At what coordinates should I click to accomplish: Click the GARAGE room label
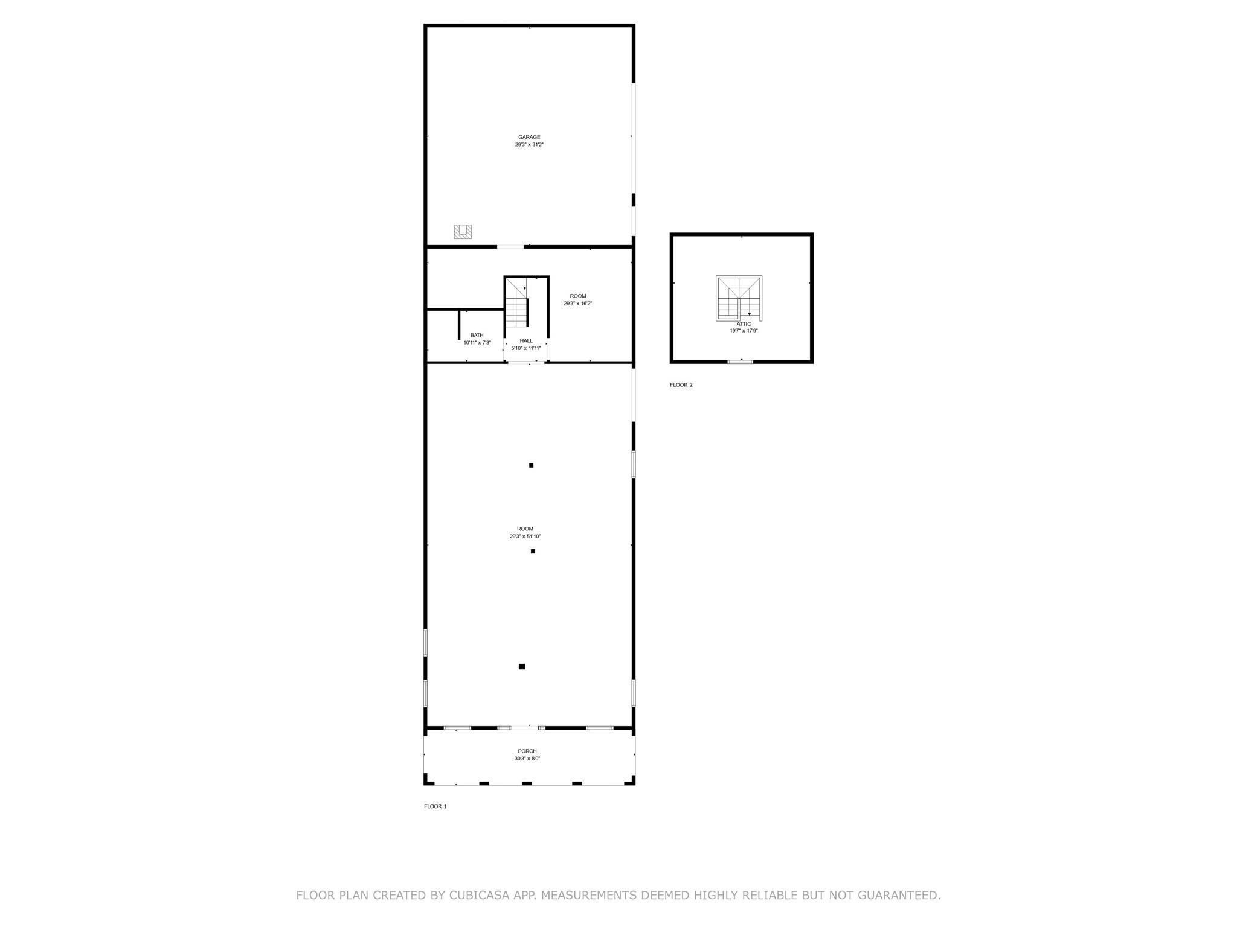529,137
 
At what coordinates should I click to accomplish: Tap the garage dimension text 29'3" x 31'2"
529,145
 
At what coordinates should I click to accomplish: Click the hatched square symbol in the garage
463,231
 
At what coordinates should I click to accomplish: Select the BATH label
477,335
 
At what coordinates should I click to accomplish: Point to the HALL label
526,341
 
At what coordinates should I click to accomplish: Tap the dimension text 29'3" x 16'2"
578,304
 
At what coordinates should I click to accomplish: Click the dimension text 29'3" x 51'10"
525,537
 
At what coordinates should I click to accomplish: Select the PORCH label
527,751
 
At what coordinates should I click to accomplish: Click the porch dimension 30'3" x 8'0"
527,759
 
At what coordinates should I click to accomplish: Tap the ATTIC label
744,324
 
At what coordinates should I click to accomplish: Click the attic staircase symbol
739,297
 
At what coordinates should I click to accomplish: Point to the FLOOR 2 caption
681,385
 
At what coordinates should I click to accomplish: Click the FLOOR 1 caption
435,806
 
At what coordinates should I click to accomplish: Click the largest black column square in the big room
522,666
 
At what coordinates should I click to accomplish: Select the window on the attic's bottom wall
741,362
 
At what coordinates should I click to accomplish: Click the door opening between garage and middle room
510,246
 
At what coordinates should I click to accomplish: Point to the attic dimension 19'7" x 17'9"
744,331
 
